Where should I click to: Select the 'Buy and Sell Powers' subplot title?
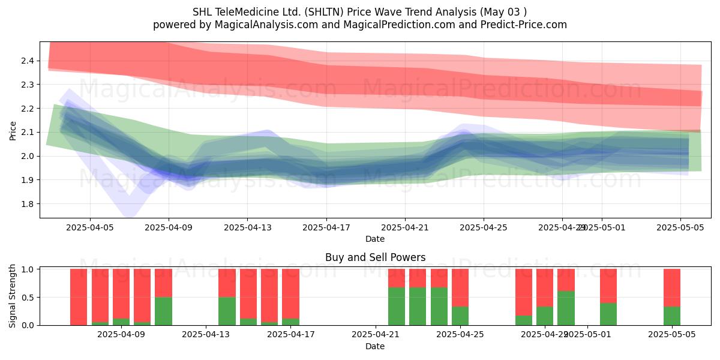pos(375,257)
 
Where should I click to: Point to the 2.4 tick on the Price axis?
pos(28,61)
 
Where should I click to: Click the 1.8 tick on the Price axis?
pos(28,204)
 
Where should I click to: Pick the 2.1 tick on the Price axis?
pos(28,132)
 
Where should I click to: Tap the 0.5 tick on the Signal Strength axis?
pos(28,297)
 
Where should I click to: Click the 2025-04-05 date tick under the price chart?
pos(90,227)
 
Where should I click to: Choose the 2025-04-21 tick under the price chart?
pos(404,227)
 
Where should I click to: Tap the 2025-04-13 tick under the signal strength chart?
pos(206,335)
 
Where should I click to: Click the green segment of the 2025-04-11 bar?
pos(163,311)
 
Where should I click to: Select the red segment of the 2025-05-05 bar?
pos(672,287)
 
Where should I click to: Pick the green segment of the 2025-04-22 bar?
pos(397,306)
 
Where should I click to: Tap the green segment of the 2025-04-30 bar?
pos(566,308)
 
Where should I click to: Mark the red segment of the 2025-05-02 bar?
pos(608,286)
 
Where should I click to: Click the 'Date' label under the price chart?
pos(375,239)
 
